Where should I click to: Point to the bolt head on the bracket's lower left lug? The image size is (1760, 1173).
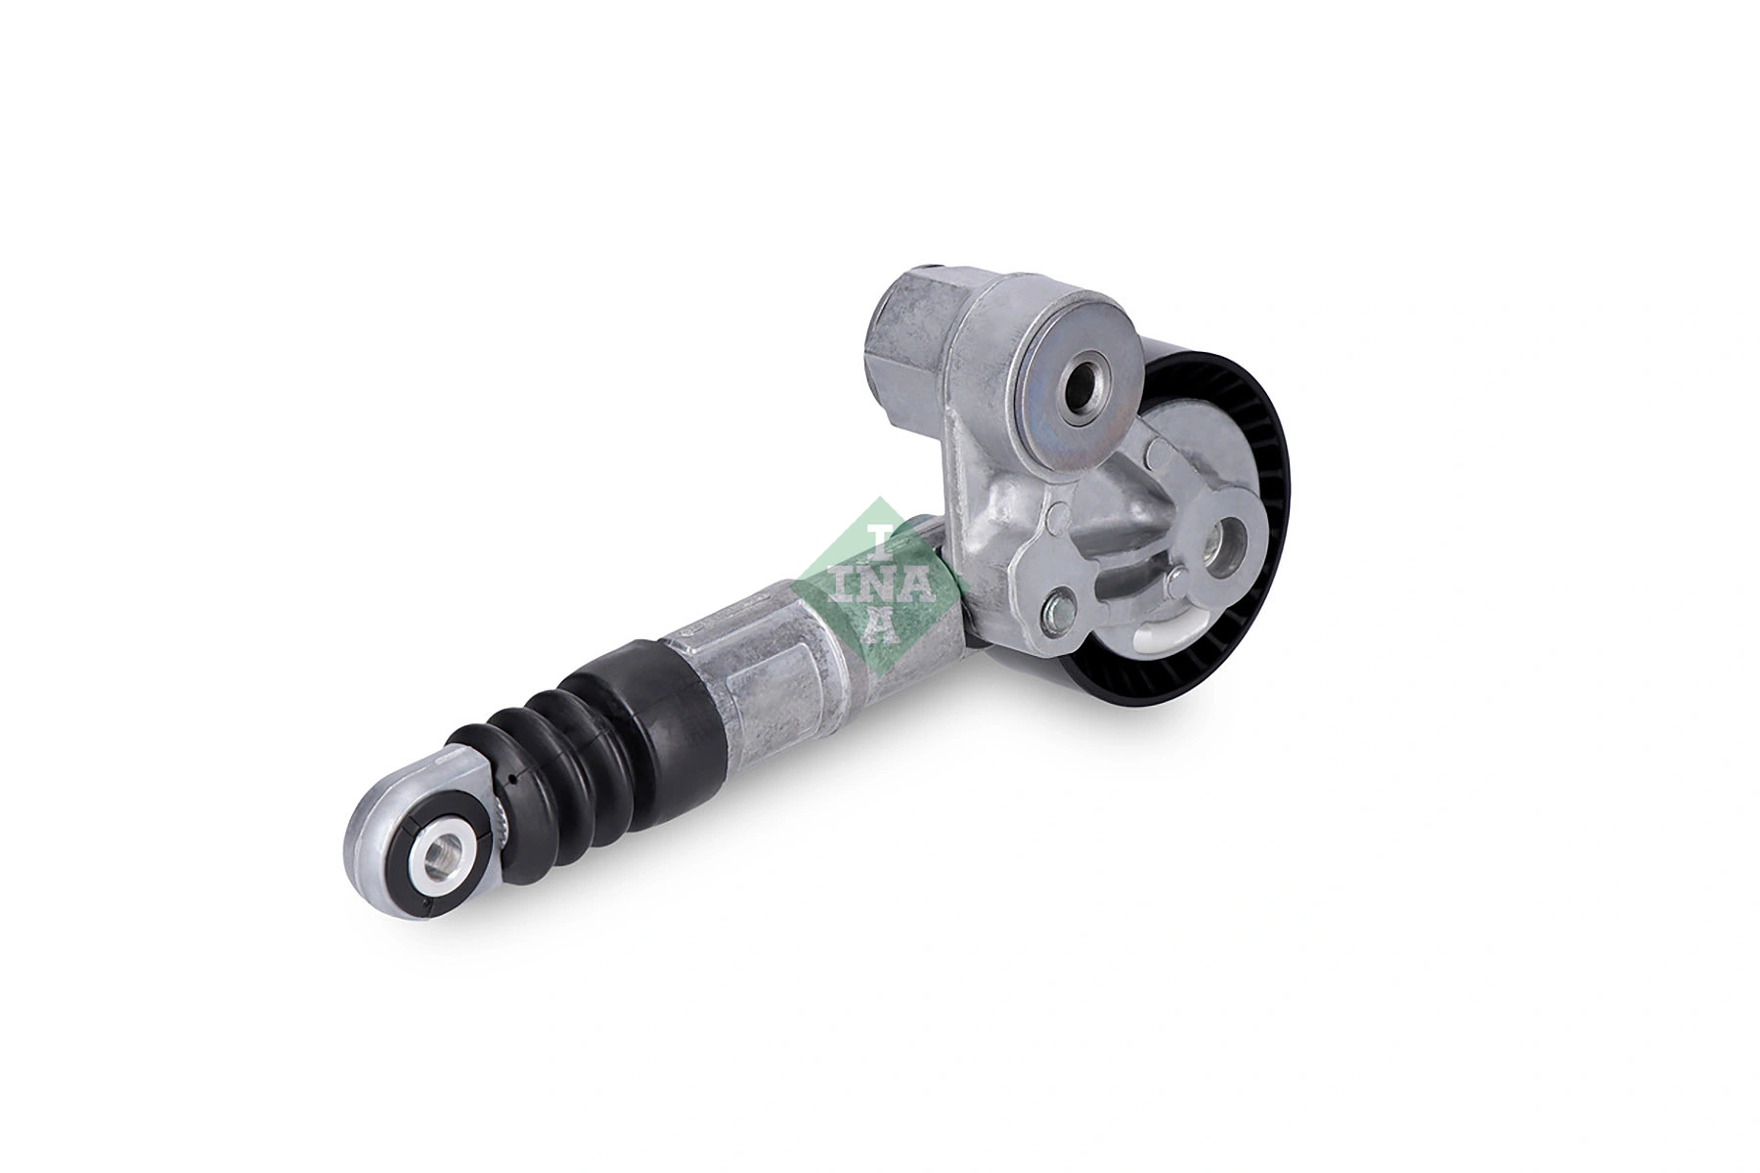pos(1057,612)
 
